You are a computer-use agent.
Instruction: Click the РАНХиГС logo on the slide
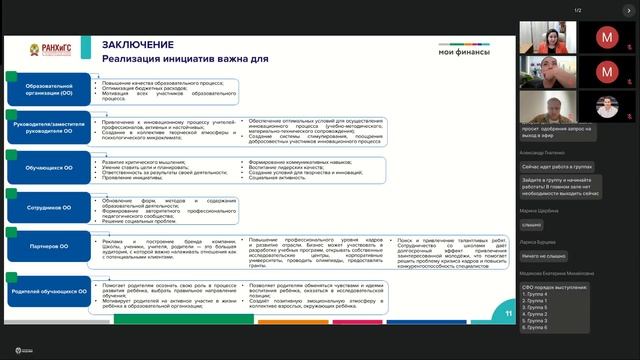click(43, 49)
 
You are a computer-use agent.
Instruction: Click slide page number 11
click(508, 314)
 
